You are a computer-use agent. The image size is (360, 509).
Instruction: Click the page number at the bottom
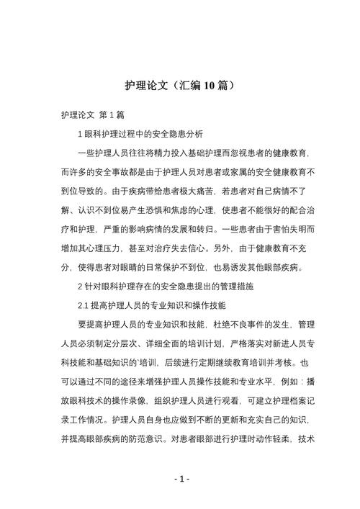point(180,479)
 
